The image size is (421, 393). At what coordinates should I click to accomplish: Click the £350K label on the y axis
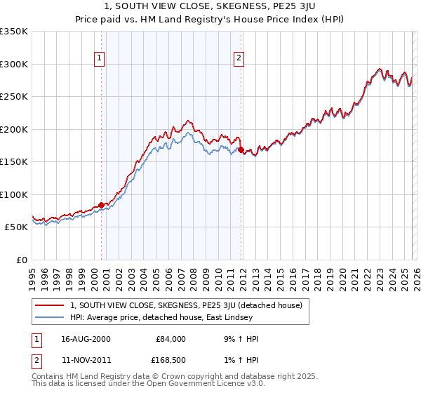tap(14, 32)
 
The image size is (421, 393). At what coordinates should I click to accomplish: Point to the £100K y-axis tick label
tap(14, 194)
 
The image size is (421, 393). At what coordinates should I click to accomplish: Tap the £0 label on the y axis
tap(22, 260)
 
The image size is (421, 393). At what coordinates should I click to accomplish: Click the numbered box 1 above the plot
tap(100, 58)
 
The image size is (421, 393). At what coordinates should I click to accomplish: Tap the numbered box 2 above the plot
tap(239, 58)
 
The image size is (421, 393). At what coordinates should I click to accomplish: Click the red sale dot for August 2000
tap(101, 205)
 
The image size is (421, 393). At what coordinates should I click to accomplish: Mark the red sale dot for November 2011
tap(241, 149)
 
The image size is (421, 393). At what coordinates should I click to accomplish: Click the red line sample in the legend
tap(49, 305)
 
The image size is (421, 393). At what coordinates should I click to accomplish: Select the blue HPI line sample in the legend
tap(49, 318)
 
